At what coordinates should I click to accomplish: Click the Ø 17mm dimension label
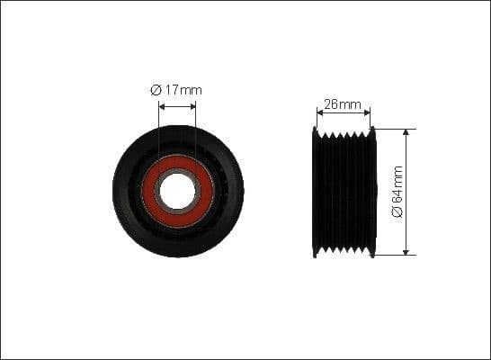coord(177,89)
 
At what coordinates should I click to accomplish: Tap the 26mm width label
coord(342,104)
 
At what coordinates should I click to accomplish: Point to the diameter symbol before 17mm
coord(156,89)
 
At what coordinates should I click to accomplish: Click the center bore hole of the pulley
coord(177,191)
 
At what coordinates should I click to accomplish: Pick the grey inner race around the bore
coord(177,173)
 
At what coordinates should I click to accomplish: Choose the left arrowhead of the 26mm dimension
coord(319,113)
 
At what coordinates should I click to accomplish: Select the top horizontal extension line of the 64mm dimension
coord(396,128)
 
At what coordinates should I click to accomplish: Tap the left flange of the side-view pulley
coord(315,192)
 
